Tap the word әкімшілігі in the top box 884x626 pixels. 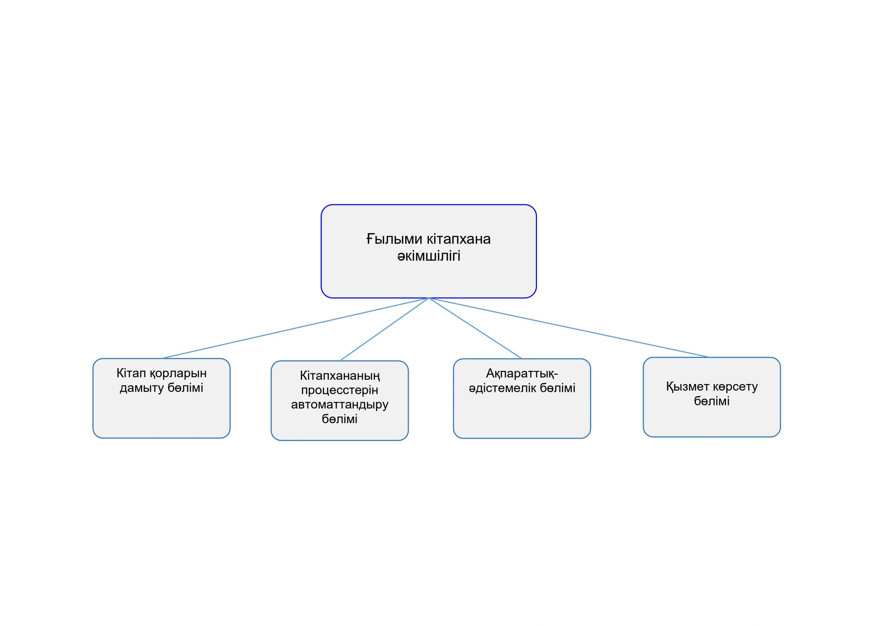(429, 256)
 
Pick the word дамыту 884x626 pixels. (142, 388)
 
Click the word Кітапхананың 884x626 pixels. (339, 376)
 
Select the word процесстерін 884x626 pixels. (339, 391)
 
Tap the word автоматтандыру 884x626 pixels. (339, 405)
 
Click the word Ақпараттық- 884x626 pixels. (522, 374)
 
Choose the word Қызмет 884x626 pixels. (687, 386)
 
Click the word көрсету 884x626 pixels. (735, 386)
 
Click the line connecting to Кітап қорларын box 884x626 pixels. (295, 328)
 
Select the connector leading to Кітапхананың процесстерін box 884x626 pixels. (384, 329)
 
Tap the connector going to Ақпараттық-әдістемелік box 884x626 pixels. (475, 328)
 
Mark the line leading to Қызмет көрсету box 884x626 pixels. (569, 328)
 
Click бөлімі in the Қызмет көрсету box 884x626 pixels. (711, 401)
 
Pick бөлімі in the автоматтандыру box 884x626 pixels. (339, 419)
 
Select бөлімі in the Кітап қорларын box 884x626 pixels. (185, 388)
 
